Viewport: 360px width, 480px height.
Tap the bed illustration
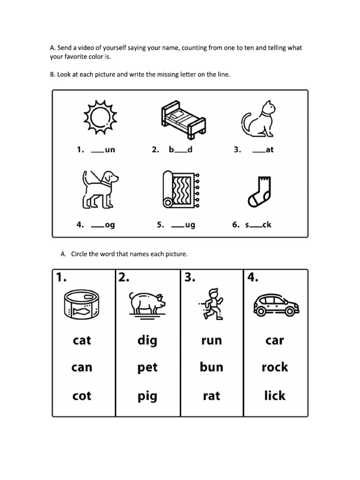click(x=183, y=119)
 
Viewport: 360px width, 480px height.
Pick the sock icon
click(x=258, y=191)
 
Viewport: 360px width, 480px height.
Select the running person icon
click(x=212, y=304)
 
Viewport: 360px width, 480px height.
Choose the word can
click(x=82, y=367)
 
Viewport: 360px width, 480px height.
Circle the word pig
click(x=147, y=397)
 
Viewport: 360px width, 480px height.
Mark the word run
click(x=211, y=340)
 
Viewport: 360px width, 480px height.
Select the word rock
click(x=275, y=367)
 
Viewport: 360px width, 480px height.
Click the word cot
click(x=82, y=396)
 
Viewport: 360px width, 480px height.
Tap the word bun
click(x=211, y=367)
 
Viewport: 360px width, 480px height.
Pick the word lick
click(x=275, y=396)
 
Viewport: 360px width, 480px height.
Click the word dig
click(x=147, y=340)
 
